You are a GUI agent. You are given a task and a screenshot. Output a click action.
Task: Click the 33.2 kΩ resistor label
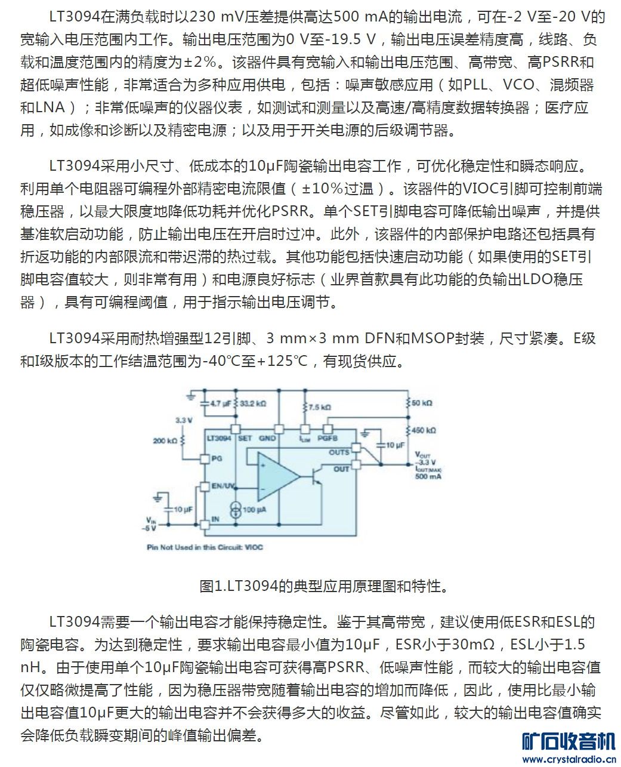click(x=253, y=403)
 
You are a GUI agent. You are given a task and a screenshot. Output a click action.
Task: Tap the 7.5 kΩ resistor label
click(x=320, y=407)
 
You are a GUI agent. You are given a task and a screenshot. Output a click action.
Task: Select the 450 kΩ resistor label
click(x=424, y=430)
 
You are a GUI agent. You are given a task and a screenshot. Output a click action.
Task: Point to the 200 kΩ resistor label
click(x=165, y=441)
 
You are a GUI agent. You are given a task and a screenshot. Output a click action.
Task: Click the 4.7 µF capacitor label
click(x=220, y=403)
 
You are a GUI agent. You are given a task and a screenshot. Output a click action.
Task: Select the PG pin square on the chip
click(x=204, y=458)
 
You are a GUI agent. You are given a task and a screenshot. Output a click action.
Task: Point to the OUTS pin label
click(x=339, y=452)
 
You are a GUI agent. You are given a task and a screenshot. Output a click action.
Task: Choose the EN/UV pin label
click(x=223, y=486)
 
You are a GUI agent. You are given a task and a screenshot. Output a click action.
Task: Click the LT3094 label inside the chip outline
click(x=218, y=438)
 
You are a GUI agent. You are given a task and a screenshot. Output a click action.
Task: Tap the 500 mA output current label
click(x=428, y=477)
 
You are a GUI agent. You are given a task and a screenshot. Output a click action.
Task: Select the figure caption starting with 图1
click(x=323, y=586)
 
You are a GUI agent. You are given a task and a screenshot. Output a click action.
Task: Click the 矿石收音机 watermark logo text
click(x=569, y=742)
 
